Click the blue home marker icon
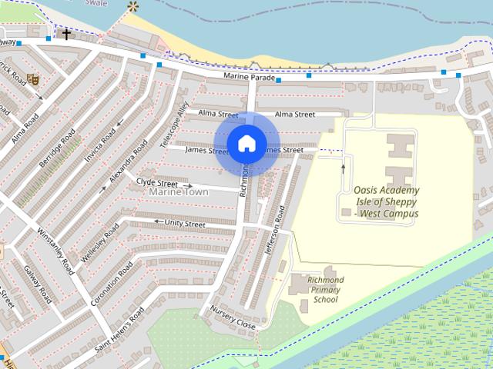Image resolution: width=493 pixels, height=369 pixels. click(x=246, y=143)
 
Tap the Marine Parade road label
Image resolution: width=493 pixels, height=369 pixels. click(x=249, y=77)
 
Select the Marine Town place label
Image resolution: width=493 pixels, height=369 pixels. click(x=179, y=191)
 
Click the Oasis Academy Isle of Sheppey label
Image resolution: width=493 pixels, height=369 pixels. click(x=386, y=201)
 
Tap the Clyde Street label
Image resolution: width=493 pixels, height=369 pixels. click(x=157, y=183)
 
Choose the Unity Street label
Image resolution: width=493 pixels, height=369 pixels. click(x=185, y=224)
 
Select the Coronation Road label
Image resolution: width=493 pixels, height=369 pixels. click(x=112, y=284)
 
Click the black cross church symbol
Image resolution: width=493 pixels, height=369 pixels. click(x=66, y=34)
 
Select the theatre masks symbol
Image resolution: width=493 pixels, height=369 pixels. click(x=32, y=78)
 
